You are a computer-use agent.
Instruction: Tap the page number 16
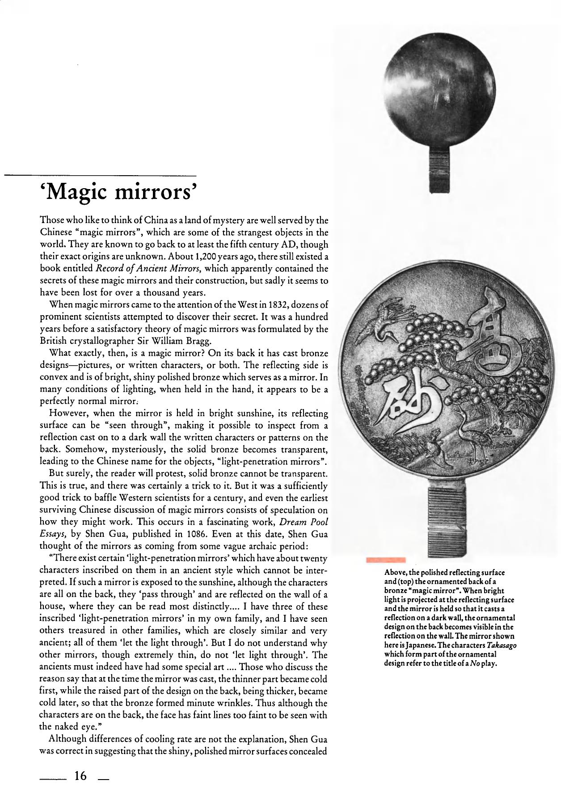tap(81, 776)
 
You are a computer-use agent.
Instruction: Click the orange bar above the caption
tap(385, 560)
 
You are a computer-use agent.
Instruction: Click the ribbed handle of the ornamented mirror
tap(448, 519)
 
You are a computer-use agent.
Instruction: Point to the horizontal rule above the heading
tap(101, 175)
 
